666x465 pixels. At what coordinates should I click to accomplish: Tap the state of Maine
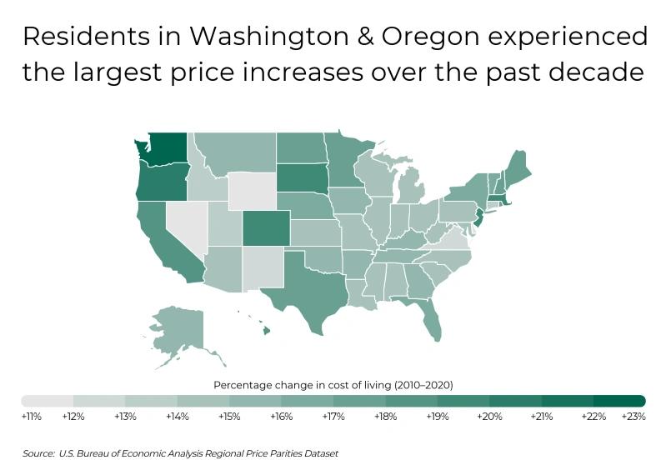pos(517,163)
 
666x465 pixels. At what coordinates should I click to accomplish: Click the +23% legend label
pos(633,416)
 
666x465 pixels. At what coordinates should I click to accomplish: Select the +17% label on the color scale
pos(333,416)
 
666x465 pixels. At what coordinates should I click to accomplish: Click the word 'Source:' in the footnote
pos(38,453)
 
